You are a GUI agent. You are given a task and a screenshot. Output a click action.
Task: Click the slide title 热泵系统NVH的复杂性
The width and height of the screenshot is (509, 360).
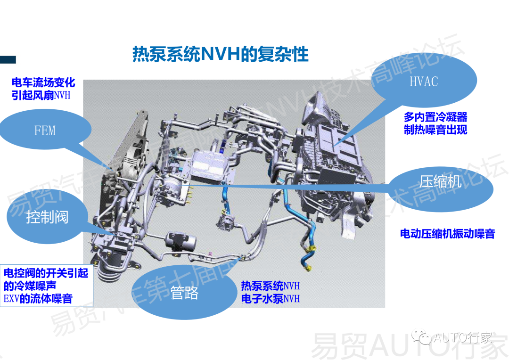click(x=220, y=54)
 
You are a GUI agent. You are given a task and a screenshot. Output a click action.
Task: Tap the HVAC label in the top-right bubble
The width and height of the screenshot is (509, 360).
click(x=423, y=82)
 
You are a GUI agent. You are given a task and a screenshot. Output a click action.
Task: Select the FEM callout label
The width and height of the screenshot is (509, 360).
click(x=45, y=131)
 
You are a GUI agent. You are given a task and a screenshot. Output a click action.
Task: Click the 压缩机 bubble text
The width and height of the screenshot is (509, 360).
click(x=440, y=182)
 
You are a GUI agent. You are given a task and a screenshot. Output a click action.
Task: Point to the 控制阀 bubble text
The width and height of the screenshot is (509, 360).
click(x=47, y=217)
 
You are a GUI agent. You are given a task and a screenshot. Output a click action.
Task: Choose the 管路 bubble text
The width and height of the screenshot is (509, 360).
click(x=184, y=293)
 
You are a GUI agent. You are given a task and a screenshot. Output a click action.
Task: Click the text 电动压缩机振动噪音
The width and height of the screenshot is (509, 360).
click(x=447, y=234)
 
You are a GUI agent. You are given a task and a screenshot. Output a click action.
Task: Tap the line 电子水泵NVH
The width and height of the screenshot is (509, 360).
click(x=270, y=299)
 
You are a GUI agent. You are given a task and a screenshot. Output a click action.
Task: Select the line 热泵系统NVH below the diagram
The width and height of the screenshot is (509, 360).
click(x=270, y=286)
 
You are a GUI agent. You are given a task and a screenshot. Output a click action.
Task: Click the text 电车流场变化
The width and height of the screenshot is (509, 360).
click(x=43, y=83)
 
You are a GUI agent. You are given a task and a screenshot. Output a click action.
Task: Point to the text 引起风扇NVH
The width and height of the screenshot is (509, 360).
click(x=43, y=95)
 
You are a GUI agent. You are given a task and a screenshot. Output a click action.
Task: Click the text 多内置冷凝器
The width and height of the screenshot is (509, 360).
click(x=435, y=117)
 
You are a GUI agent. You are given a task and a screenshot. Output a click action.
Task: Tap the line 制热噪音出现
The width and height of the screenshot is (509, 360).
click(x=435, y=130)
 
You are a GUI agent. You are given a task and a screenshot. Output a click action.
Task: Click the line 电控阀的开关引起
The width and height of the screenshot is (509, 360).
click(x=46, y=273)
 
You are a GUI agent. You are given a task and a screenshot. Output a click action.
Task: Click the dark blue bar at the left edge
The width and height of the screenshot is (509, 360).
click(x=8, y=59)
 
